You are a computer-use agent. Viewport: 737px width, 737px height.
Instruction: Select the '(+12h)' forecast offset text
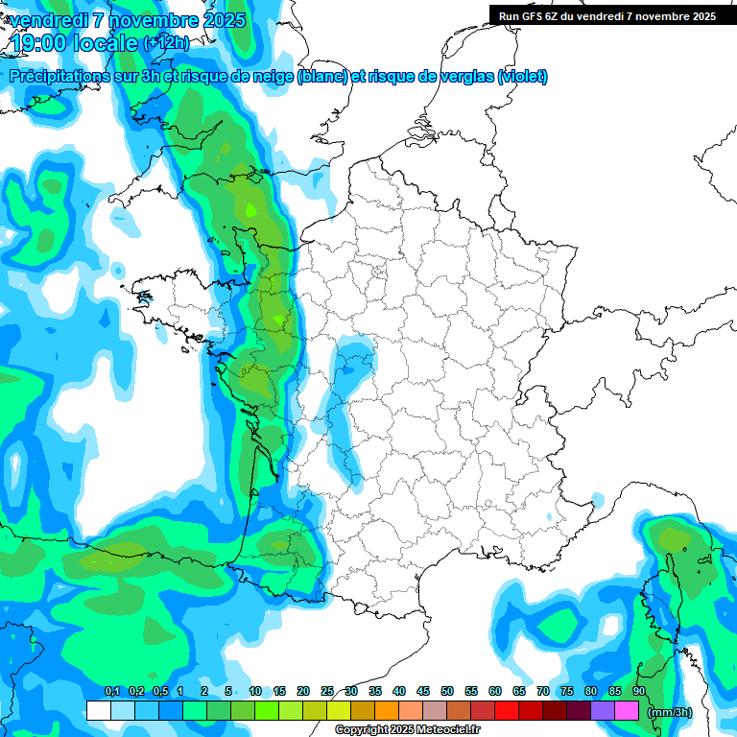[x=165, y=42]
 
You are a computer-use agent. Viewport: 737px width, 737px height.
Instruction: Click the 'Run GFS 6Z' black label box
[x=607, y=15]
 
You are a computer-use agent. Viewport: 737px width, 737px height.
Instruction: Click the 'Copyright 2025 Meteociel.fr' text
[x=407, y=730]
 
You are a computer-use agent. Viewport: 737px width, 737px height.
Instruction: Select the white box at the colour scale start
[x=98, y=710]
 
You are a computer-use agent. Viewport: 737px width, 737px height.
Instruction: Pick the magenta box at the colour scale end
[x=626, y=710]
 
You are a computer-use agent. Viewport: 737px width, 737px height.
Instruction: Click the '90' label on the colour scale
[x=638, y=691]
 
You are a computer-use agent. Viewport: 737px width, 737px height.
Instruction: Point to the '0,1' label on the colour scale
[x=111, y=691]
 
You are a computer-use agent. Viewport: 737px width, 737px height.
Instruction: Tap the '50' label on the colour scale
[x=447, y=691]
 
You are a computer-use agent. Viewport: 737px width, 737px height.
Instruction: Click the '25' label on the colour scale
[x=327, y=691]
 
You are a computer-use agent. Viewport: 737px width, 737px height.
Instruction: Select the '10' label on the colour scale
[x=255, y=691]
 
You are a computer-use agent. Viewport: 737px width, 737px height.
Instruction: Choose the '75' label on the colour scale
[x=567, y=691]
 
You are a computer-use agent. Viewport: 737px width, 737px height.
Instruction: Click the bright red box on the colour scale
[x=506, y=710]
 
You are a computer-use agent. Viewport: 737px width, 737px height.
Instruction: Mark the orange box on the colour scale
[x=386, y=710]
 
